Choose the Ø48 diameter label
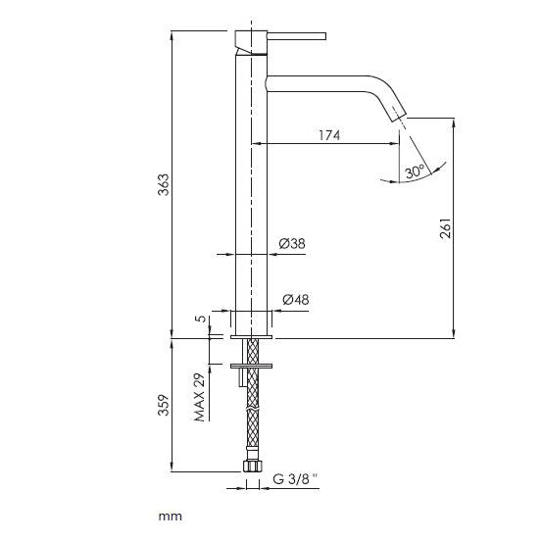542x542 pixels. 294,299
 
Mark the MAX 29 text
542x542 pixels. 198,397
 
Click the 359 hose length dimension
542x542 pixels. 165,404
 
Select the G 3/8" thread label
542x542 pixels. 296,481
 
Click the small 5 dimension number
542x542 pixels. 198,320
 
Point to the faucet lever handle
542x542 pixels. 294,37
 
